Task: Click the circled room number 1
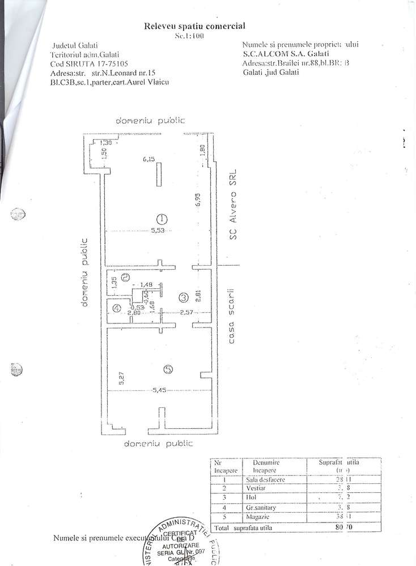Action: (x=162, y=218)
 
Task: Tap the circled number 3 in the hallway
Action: (x=183, y=297)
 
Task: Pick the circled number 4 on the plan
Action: (x=116, y=309)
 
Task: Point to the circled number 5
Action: (x=168, y=369)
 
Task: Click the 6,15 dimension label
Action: (x=148, y=160)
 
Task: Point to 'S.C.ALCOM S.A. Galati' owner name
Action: (x=282, y=55)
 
